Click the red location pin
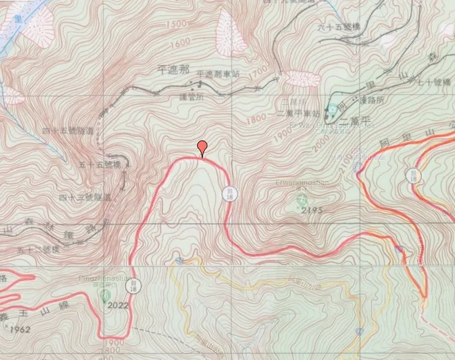[x=202, y=147]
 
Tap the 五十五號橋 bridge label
[x=100, y=165]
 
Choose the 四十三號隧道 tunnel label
[x=85, y=197]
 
